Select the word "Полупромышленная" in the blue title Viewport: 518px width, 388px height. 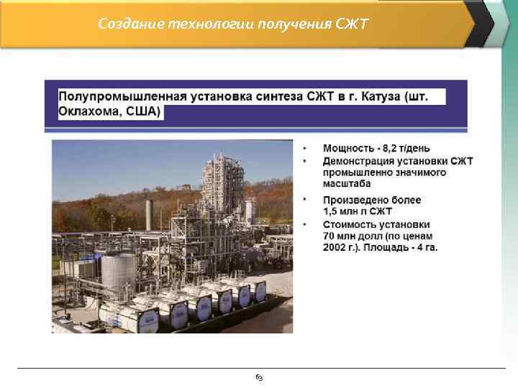(120, 96)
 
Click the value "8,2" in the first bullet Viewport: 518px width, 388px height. (391, 147)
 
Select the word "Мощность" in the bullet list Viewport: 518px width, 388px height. (350, 147)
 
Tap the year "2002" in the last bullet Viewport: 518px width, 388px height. (336, 248)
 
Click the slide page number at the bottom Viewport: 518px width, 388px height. (259, 377)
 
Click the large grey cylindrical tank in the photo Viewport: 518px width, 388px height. (118, 272)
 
